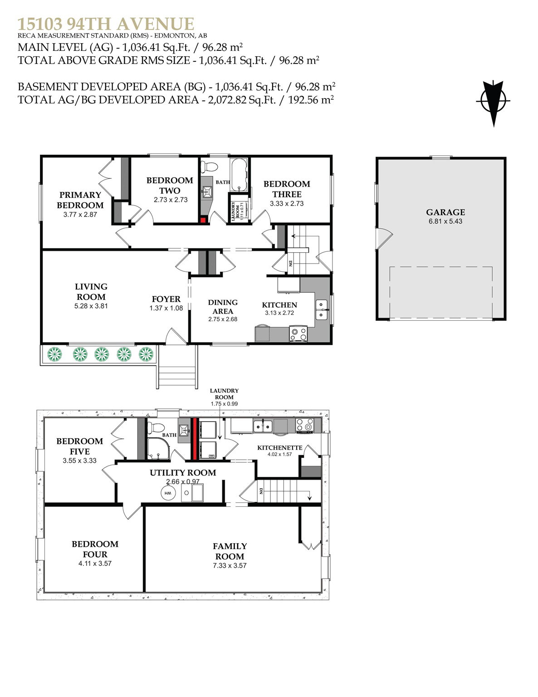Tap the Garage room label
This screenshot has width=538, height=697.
pos(445,212)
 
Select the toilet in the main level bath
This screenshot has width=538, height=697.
pos(209,167)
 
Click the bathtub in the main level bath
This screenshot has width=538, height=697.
pos(239,175)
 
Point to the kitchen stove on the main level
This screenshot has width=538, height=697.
pos(298,334)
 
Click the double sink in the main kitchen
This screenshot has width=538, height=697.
pos(322,309)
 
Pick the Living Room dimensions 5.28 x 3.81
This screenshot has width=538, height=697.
pos(91,306)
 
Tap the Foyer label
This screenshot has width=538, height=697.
pos(166,299)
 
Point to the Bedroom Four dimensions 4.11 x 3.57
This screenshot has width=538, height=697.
pos(95,563)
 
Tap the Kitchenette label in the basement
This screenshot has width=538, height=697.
pos(280,447)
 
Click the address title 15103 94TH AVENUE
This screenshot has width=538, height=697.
pos(106,24)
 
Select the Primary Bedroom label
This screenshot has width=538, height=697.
pos(80,200)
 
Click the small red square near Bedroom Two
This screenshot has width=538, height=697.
pos(203,220)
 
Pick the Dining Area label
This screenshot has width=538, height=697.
pos(223,307)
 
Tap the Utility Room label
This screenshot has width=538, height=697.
pos(183,472)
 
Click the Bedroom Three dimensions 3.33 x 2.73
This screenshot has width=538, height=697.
pos(287,203)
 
